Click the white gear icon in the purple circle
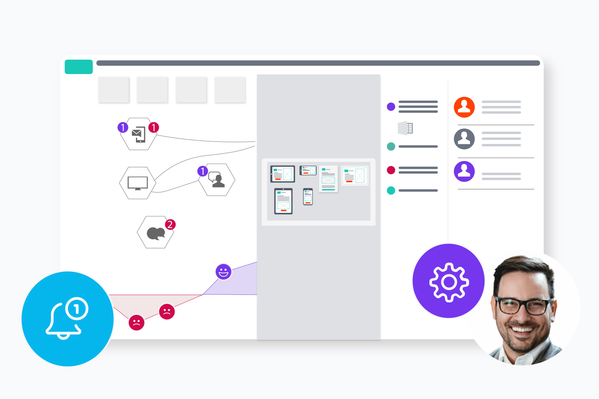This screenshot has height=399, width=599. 449,282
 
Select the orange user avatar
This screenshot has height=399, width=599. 464,107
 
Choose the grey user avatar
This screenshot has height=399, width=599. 464,139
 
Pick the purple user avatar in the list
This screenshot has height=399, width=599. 464,171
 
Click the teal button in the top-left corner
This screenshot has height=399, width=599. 79,67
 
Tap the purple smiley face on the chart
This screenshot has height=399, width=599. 223,272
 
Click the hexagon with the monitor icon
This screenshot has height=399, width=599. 138,183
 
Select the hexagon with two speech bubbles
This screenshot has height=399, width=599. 156,233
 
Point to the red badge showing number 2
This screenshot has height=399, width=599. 170,225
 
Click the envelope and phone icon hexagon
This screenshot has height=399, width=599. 138,134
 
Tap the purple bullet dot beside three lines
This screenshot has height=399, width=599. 391,107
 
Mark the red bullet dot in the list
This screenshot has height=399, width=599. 391,170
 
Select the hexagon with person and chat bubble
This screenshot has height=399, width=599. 217,180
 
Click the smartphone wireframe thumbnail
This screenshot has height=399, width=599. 308,197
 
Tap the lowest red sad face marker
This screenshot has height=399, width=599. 136,322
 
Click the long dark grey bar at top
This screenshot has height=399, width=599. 318,63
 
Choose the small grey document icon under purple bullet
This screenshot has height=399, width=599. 406,128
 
